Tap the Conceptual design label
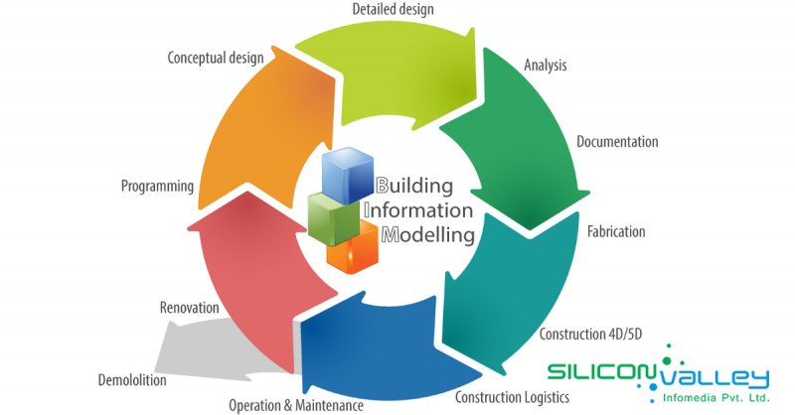tap(216, 58)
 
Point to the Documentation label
tap(617, 142)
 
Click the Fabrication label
tap(616, 231)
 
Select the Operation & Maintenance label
tap(296, 405)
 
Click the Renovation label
tap(189, 308)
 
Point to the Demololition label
tap(132, 380)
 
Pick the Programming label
tap(156, 186)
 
